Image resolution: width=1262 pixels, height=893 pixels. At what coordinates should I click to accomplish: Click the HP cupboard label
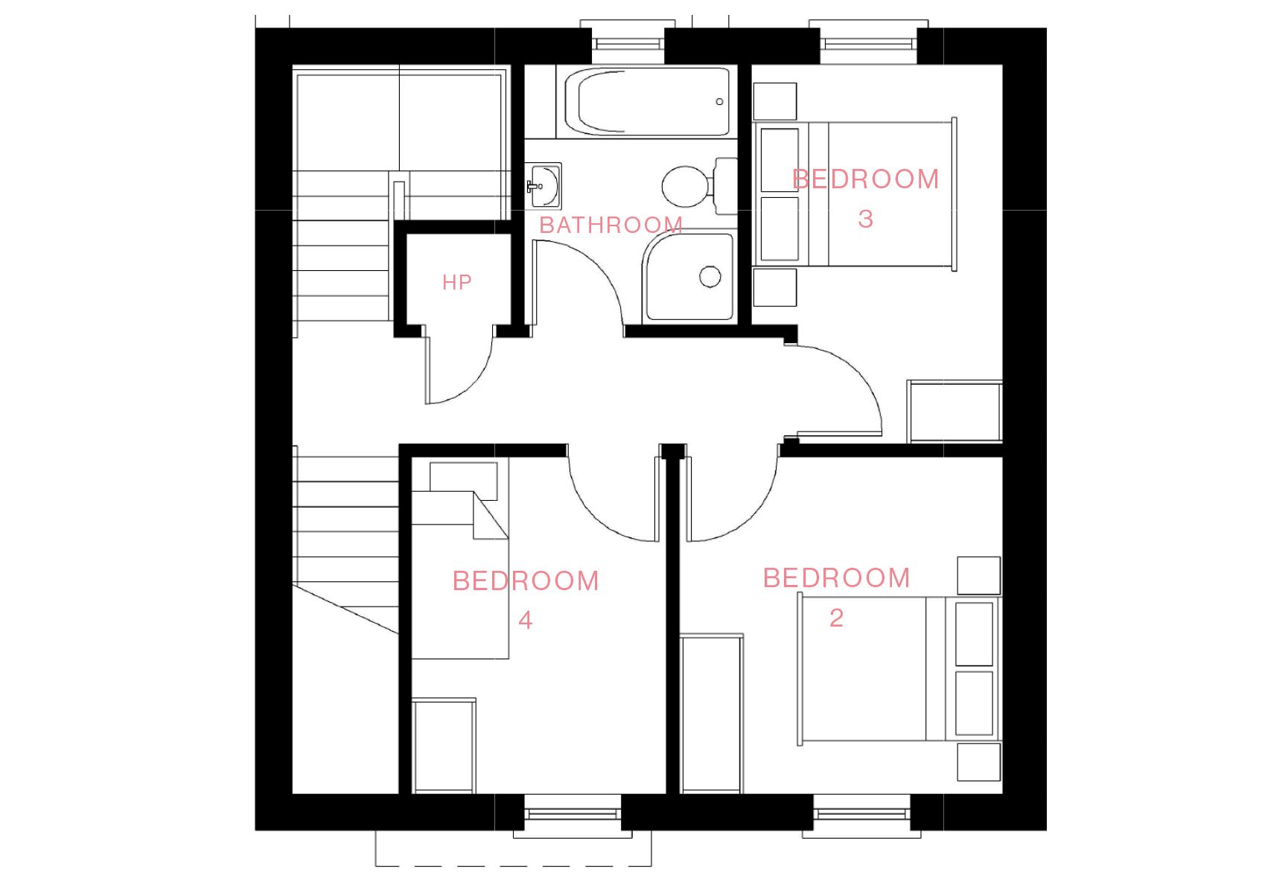(456, 282)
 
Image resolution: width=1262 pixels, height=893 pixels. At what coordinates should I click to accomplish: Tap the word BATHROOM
(611, 225)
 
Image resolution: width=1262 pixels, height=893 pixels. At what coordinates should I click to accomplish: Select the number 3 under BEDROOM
(865, 219)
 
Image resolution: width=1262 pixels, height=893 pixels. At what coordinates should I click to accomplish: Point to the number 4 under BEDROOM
(525, 620)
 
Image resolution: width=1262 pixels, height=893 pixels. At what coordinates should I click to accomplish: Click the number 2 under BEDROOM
(837, 618)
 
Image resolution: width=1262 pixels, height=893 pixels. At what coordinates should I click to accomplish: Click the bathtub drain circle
(719, 102)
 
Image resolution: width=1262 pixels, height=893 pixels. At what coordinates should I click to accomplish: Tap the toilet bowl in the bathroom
(684, 186)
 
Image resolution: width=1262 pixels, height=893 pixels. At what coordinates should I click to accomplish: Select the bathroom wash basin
(543, 186)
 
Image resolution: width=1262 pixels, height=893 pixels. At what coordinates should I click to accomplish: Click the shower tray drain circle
(710, 277)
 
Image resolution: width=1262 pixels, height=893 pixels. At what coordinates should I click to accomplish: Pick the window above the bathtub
(628, 43)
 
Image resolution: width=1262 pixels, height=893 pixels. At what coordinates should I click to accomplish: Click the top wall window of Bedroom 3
(868, 43)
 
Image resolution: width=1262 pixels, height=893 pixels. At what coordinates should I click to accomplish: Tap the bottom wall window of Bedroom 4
(573, 815)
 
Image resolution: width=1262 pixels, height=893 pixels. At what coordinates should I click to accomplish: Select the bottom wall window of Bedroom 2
(861, 815)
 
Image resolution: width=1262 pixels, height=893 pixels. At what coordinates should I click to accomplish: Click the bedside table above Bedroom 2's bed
(979, 576)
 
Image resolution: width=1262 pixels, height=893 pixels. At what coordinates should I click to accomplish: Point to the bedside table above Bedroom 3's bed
(775, 101)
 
